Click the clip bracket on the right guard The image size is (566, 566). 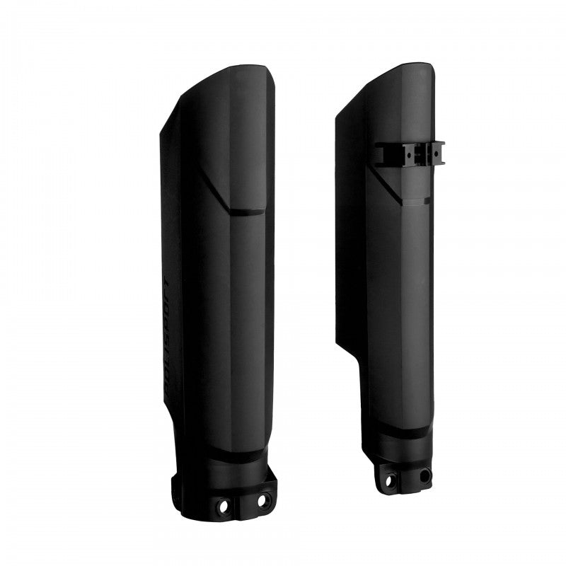pos(411,153)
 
